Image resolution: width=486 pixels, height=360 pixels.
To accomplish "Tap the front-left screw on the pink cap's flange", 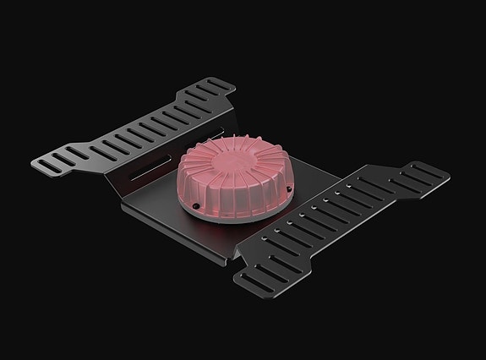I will (196, 204).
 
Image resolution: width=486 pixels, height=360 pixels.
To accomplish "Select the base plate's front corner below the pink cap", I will (229, 254).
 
